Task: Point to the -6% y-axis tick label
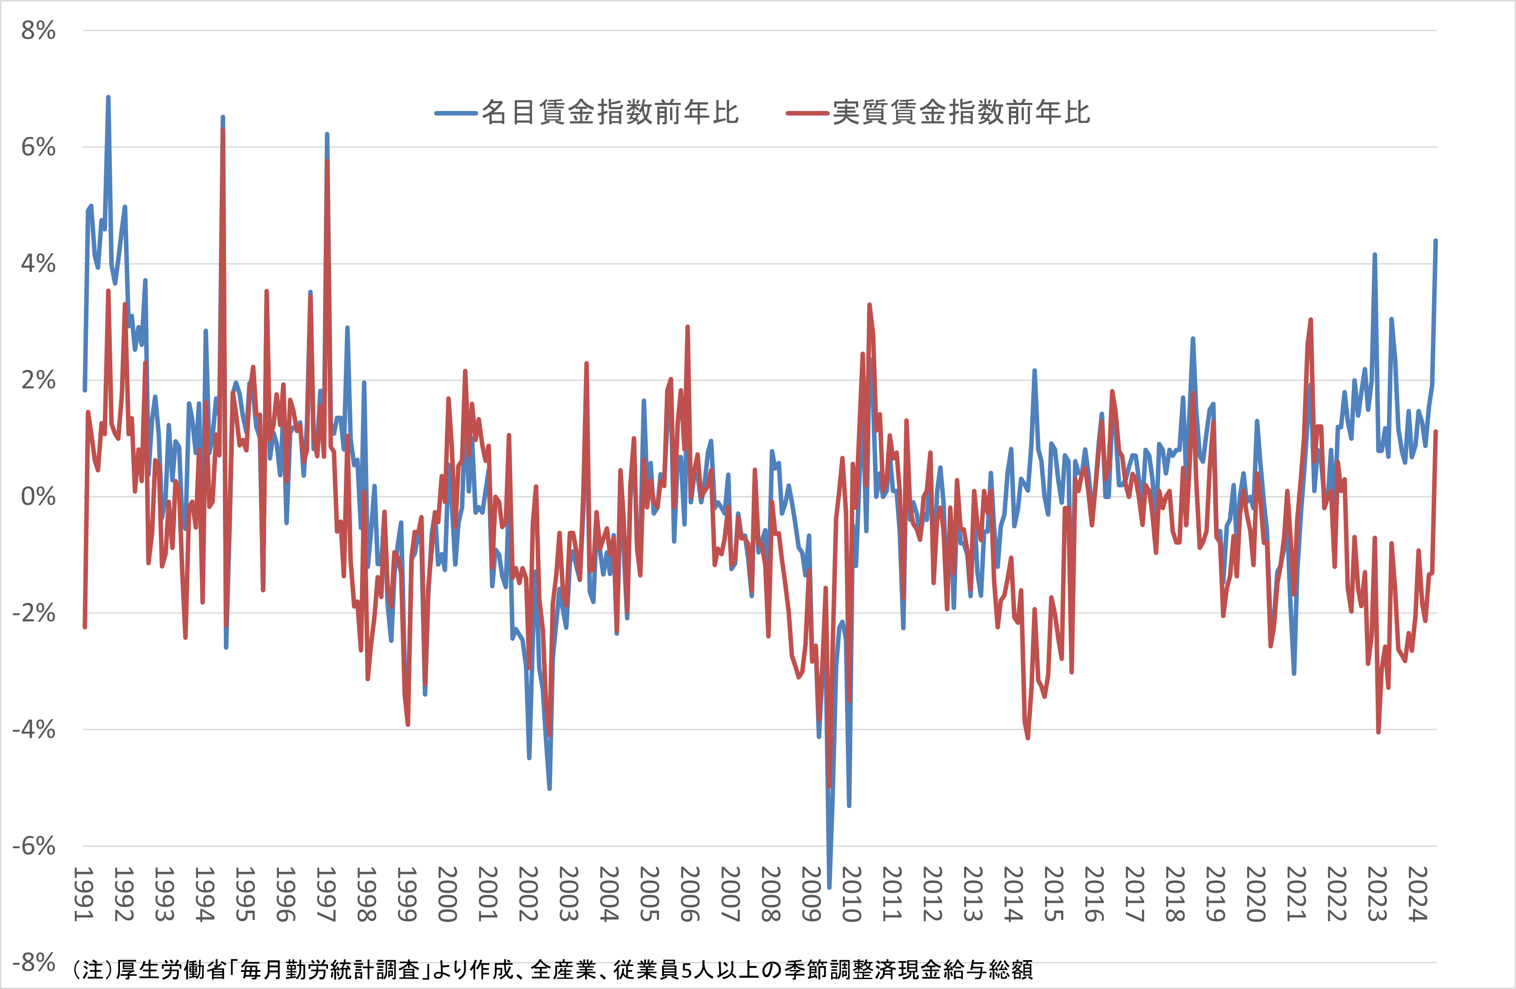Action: pos(34,846)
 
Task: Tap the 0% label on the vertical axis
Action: pos(38,497)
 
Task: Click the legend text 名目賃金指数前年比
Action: pos(610,113)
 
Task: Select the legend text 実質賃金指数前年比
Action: pos(961,113)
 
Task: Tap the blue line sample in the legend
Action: pos(456,113)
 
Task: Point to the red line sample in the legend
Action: pos(808,113)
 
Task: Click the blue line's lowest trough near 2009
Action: pos(829,887)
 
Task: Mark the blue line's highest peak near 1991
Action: pos(108,97)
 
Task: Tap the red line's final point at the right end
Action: pos(1436,432)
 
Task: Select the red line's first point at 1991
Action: pos(85,627)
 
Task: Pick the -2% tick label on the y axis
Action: pos(34,613)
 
